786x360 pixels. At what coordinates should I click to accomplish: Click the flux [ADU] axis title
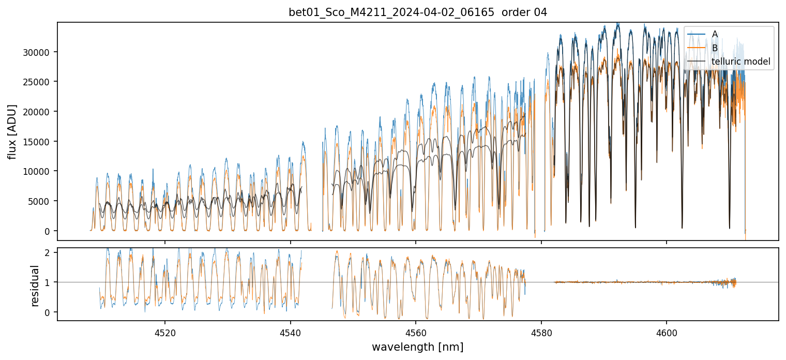(12, 131)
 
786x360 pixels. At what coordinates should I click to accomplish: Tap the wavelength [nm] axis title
(417, 347)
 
